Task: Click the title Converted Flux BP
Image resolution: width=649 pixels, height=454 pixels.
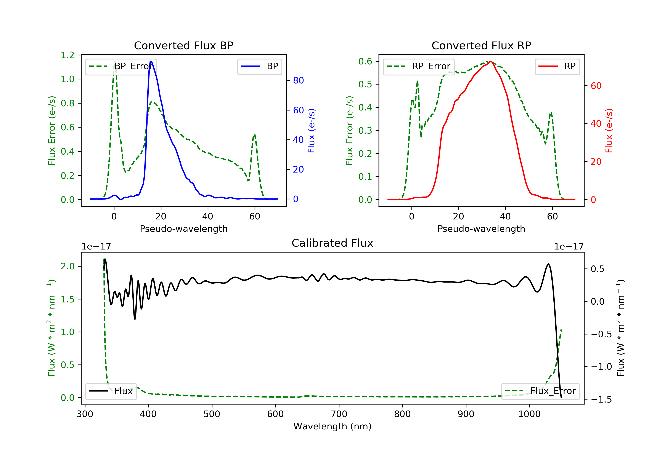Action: (x=183, y=45)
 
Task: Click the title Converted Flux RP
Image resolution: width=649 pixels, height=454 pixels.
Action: (x=481, y=45)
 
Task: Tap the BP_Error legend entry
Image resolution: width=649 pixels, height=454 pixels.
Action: (x=121, y=66)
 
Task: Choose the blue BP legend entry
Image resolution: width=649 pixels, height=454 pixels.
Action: (x=259, y=66)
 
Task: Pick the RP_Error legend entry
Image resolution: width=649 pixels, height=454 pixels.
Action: (x=419, y=66)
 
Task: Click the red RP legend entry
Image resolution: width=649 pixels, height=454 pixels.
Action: (x=557, y=66)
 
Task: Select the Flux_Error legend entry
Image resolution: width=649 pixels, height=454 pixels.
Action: (x=540, y=391)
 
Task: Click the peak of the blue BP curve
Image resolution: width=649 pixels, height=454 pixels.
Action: (x=151, y=61)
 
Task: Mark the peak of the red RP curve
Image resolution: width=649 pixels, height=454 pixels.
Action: (x=491, y=61)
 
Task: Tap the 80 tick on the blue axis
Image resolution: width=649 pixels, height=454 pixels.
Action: (x=298, y=80)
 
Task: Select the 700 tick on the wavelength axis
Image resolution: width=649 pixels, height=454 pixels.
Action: (x=339, y=414)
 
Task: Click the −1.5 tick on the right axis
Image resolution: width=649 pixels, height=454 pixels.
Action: (x=601, y=400)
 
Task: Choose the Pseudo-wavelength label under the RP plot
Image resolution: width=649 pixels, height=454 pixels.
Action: (x=481, y=229)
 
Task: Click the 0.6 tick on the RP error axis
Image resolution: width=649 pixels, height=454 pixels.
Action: (x=365, y=61)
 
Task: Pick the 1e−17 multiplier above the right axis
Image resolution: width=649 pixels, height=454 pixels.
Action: (x=569, y=247)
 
